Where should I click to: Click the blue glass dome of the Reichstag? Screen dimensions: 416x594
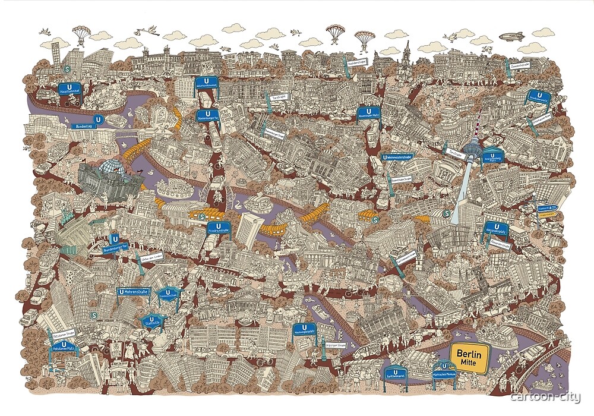coord(111,168)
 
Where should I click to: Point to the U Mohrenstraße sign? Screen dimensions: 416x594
coord(133,292)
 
